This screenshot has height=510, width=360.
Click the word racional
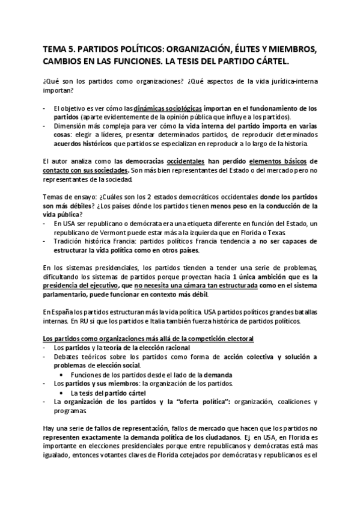pos(175,348)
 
